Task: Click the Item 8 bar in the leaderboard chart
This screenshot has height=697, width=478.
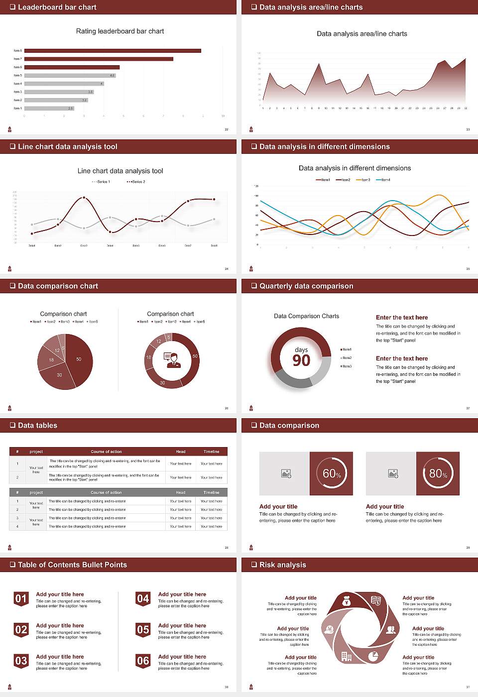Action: coord(113,51)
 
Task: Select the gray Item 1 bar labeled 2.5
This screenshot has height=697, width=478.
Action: coord(49,108)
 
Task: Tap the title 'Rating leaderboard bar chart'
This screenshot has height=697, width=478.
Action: coord(120,31)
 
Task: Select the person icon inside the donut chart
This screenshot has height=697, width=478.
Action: coord(172,360)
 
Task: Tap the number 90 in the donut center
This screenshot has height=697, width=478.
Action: coord(301,360)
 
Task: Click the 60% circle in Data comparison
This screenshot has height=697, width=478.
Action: coord(332,473)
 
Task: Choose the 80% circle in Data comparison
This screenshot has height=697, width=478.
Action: coord(438,473)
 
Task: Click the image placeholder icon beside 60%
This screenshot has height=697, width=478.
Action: coord(286,473)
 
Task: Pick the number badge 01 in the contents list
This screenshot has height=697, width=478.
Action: coord(21,599)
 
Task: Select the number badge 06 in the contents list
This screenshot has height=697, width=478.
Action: coord(143,661)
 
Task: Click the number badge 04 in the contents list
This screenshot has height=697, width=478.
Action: coord(143,599)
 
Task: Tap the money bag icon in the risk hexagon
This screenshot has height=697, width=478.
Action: coord(347,602)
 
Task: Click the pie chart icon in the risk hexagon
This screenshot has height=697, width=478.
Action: coord(373,656)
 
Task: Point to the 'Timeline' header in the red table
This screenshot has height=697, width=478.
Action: coord(211,452)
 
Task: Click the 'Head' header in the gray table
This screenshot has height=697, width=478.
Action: coord(180,492)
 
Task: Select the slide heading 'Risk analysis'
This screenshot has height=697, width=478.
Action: coord(282,565)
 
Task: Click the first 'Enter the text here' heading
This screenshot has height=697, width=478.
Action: coord(402,317)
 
